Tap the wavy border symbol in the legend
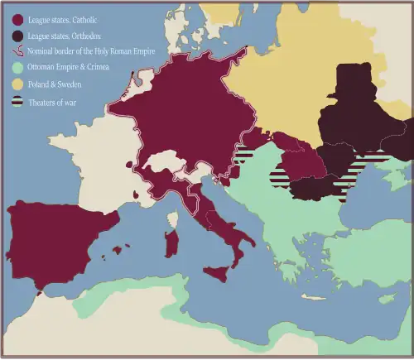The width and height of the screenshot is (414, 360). click(x=17, y=50)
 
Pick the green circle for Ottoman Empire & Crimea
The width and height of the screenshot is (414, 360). click(x=17, y=66)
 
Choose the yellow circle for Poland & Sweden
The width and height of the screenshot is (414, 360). click(x=17, y=84)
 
